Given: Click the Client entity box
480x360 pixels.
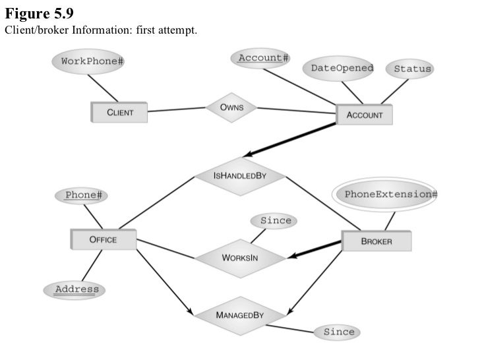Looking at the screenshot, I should pos(119,112).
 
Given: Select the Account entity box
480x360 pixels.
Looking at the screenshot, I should pos(364,115).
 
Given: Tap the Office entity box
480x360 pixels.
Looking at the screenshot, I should pos(103,239).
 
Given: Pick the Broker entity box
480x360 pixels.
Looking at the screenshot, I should pos(376,241).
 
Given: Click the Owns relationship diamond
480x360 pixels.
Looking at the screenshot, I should pos(231,107).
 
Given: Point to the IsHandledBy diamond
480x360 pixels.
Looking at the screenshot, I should pos(240,176).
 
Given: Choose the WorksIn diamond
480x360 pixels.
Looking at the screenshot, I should pos(240,257).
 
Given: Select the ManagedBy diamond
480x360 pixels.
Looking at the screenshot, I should pos(240,315).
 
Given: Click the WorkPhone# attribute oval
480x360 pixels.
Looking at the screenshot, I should pos(92,61).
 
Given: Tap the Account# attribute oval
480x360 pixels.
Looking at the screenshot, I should pos(263,58).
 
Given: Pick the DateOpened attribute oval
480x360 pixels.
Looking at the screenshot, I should pos(342,68).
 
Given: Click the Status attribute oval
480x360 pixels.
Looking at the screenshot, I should pos(412,69).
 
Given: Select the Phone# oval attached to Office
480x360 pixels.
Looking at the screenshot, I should pos(86,195).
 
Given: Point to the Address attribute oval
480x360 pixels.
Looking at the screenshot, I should pos(76,289).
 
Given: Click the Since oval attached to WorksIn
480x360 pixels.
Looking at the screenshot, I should pos(276,221).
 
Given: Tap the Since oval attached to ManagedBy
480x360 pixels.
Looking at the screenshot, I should pos(339,332).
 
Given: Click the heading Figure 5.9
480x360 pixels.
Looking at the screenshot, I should pos(40,14).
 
